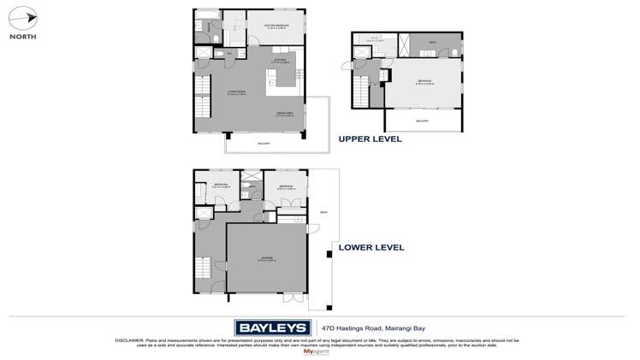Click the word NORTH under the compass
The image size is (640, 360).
pyautogui.click(x=22, y=37)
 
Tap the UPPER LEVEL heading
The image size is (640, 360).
pyautogui.click(x=370, y=139)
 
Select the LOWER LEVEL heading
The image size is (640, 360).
pyautogui.click(x=371, y=248)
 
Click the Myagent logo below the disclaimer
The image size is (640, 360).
pyautogui.click(x=315, y=351)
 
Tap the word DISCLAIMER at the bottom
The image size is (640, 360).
pyautogui.click(x=131, y=339)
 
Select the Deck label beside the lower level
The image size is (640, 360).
pyautogui.click(x=323, y=212)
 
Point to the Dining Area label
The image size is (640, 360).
pyautogui.click(x=285, y=113)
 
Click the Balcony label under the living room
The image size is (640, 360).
pyautogui.click(x=264, y=143)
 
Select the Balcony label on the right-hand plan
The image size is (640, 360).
pyautogui.click(x=422, y=121)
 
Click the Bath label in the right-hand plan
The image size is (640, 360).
pyautogui.click(x=433, y=43)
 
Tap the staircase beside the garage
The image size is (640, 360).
pyautogui.click(x=202, y=273)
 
